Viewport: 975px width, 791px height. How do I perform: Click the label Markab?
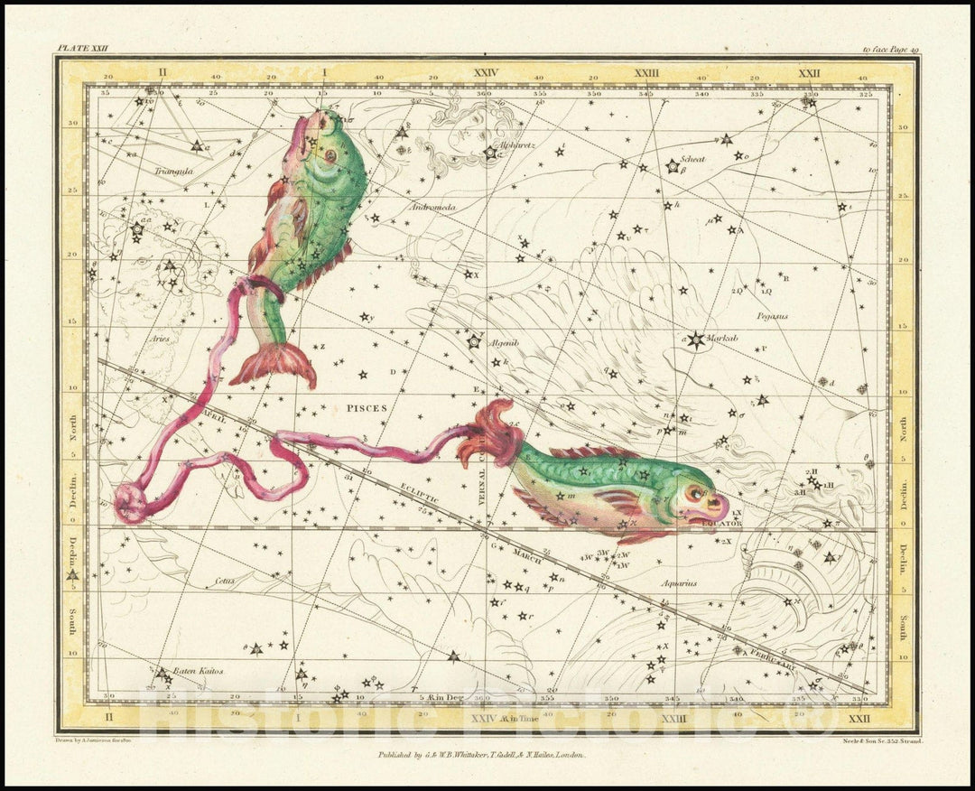pyautogui.click(x=724, y=338)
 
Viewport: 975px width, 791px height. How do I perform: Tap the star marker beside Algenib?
pyautogui.click(x=474, y=341)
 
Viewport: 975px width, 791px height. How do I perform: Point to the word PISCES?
pyautogui.click(x=367, y=408)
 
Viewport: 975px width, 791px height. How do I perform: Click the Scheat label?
pyautogui.click(x=693, y=159)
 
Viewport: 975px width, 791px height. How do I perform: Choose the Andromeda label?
pyautogui.click(x=432, y=208)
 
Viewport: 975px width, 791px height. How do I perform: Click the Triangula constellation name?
pyautogui.click(x=148, y=168)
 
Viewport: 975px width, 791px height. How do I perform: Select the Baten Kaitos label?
pyautogui.click(x=198, y=672)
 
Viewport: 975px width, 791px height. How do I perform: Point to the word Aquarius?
pyautogui.click(x=677, y=583)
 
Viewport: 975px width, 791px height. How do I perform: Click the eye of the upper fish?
pyautogui.click(x=331, y=154)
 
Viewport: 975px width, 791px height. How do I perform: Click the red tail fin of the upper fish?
pyautogui.click(x=274, y=366)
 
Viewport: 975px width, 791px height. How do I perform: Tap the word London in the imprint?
pyautogui.click(x=567, y=754)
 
